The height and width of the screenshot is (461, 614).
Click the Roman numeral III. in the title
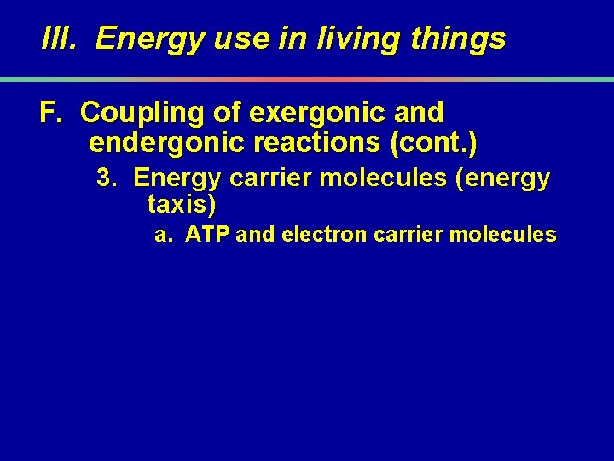(63, 38)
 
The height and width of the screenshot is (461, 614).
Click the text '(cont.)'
(432, 143)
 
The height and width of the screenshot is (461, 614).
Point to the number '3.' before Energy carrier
(107, 178)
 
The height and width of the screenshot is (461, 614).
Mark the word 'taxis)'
(182, 204)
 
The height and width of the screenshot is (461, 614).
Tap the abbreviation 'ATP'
(207, 234)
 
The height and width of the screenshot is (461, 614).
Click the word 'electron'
(325, 234)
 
